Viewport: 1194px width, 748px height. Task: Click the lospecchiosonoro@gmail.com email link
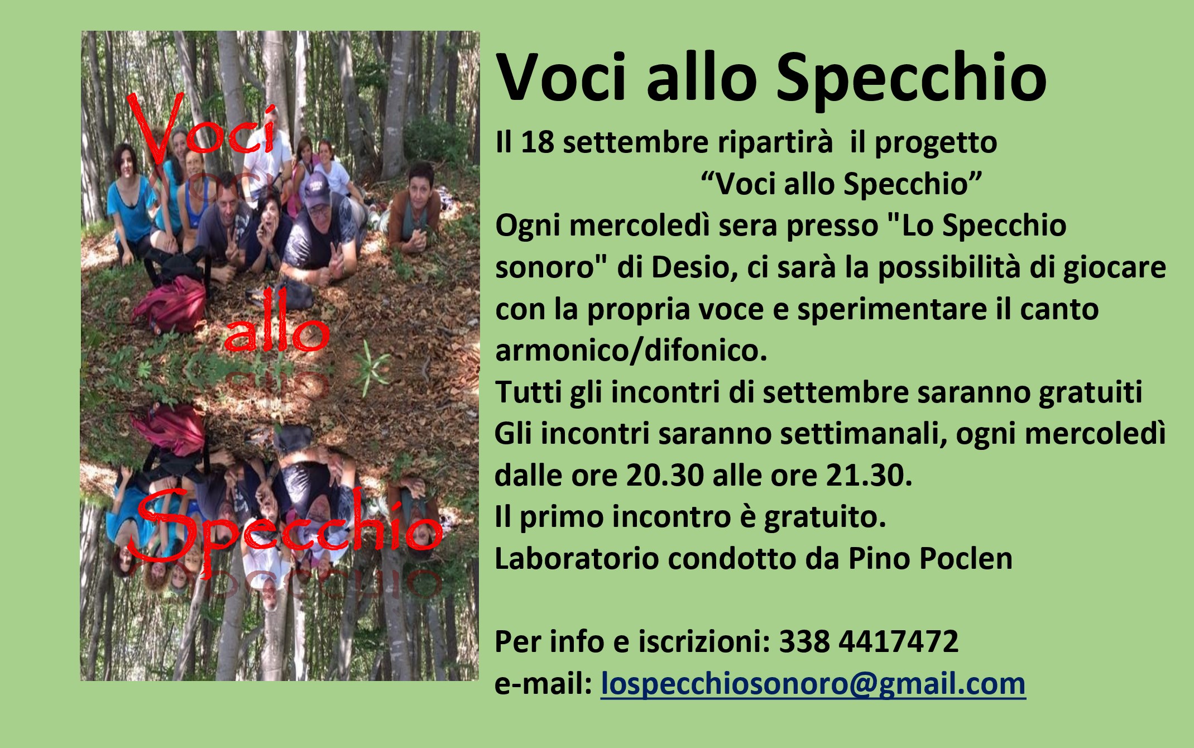813,684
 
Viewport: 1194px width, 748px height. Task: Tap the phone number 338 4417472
869,641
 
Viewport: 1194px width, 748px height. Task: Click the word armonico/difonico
631,351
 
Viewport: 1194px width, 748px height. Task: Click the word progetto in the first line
936,143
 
